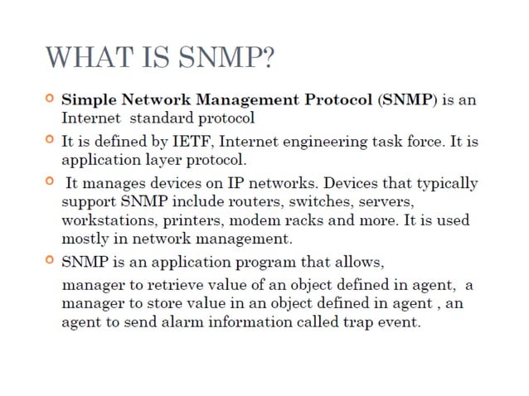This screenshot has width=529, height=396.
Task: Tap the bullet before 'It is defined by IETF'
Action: click(x=50, y=140)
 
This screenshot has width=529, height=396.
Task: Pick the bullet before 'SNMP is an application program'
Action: click(x=50, y=263)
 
